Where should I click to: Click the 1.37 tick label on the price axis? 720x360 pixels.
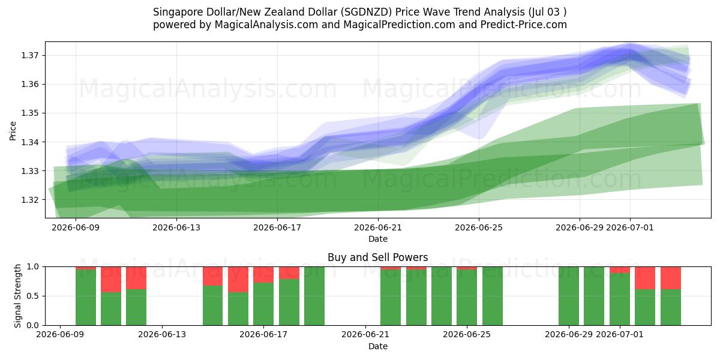[30, 55]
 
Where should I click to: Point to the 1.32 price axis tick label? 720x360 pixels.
[30, 200]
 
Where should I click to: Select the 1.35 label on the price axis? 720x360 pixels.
[30, 113]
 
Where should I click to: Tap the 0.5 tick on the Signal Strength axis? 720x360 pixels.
[32, 296]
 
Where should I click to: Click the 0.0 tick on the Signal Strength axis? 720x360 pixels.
[32, 325]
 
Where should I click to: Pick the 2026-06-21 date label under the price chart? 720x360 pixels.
[378, 227]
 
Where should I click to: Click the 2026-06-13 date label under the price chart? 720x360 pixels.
[176, 227]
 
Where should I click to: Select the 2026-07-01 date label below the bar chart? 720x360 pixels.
[620, 334]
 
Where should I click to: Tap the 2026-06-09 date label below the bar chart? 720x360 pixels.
[60, 334]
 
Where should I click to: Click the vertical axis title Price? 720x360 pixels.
[13, 131]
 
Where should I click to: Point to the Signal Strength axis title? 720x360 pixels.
[17, 296]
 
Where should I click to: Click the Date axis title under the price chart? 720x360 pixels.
[378, 239]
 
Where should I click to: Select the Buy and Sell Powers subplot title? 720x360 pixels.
[378, 257]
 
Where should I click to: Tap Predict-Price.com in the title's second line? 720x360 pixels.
[524, 25]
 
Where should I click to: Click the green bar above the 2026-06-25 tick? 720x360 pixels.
[467, 298]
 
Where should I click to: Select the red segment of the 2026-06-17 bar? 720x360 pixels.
[263, 275]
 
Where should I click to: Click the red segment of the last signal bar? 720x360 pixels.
[671, 278]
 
